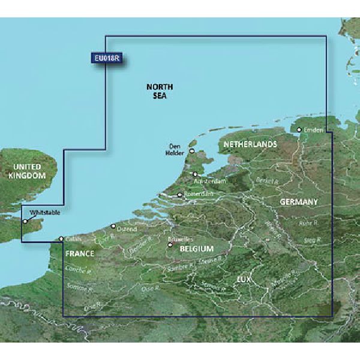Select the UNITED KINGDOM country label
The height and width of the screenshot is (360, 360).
pos(23,171)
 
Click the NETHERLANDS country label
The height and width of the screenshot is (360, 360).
pos(250,145)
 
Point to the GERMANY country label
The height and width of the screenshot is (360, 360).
pos(298,202)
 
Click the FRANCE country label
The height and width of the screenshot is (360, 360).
pos(80,254)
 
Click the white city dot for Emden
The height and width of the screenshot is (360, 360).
pos(299,129)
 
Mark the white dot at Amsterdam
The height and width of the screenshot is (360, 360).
pos(195,174)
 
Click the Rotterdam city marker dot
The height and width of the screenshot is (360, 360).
pos(179,195)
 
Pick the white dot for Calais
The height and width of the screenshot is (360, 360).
pos(61,239)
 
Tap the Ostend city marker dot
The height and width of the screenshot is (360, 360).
pos(113,226)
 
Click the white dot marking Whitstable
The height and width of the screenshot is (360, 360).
pos(25,221)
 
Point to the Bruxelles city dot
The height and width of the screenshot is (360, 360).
pos(170,245)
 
